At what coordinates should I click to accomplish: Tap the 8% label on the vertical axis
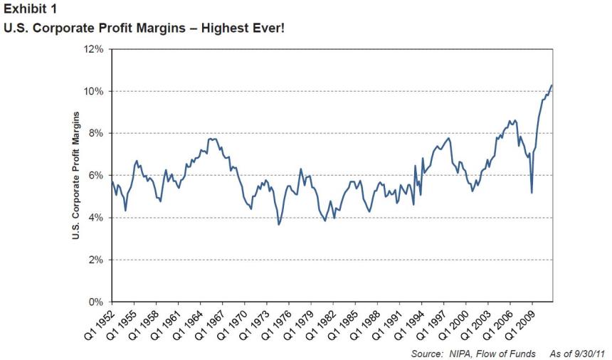click(96, 134)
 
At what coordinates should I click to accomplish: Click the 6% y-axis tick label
click(96, 176)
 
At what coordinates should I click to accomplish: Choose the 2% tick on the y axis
click(96, 260)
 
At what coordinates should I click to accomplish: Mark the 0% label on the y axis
click(96, 302)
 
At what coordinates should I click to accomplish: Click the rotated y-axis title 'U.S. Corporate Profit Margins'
click(75, 175)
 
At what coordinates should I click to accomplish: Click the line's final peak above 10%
click(552, 85)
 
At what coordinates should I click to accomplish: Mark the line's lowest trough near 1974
click(279, 224)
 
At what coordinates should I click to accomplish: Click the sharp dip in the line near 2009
click(532, 192)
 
